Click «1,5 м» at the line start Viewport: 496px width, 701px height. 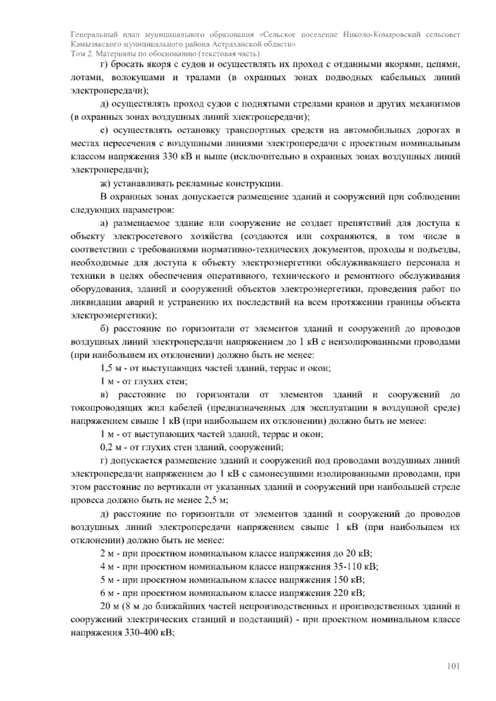point(109,368)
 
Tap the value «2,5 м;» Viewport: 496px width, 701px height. point(217,500)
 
